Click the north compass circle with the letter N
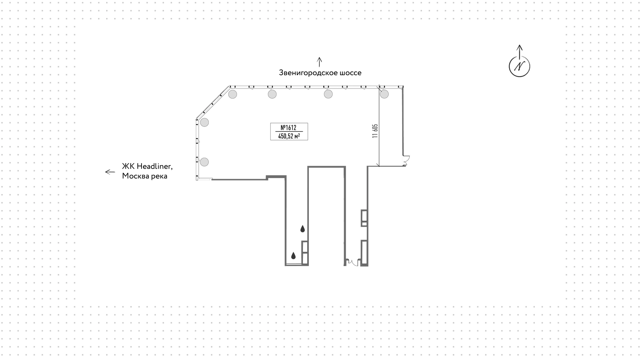pos(519,66)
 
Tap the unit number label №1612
pos(288,128)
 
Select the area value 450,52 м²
pos(289,136)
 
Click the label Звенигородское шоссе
pos(320,73)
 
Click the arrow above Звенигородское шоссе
pos(319,62)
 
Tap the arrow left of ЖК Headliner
pos(110,172)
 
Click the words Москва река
pos(145,176)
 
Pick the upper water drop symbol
pos(302,229)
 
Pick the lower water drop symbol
pos(293,256)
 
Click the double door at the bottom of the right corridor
pos(353,262)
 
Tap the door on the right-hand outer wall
pos(406,161)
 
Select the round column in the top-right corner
pos(384,94)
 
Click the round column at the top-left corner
pos(233,94)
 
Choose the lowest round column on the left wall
pos(204,162)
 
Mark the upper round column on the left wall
pos(204,122)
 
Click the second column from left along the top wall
pos(272,94)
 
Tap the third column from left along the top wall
pos(328,94)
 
